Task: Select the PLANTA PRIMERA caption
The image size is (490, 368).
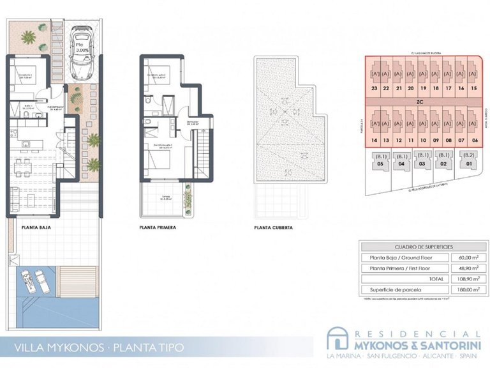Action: click(x=157, y=227)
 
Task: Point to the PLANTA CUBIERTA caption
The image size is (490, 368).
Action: click(x=273, y=227)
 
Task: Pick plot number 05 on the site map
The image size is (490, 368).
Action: click(x=380, y=164)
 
